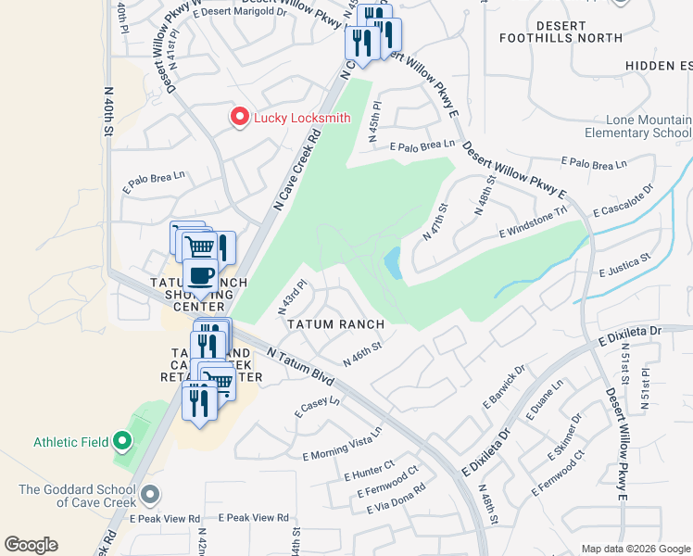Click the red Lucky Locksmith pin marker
pos(239,118)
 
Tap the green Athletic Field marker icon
pos(122,442)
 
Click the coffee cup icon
pos(201,275)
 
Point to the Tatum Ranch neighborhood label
pos(335,324)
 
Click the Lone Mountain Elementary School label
pos(649,127)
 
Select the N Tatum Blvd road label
pos(299,365)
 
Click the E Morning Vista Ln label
pos(342,445)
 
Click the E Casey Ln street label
pos(317,407)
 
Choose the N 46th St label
pos(363,354)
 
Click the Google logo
pos(31,545)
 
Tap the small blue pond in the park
pos(393,262)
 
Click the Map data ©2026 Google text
pos(635,549)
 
